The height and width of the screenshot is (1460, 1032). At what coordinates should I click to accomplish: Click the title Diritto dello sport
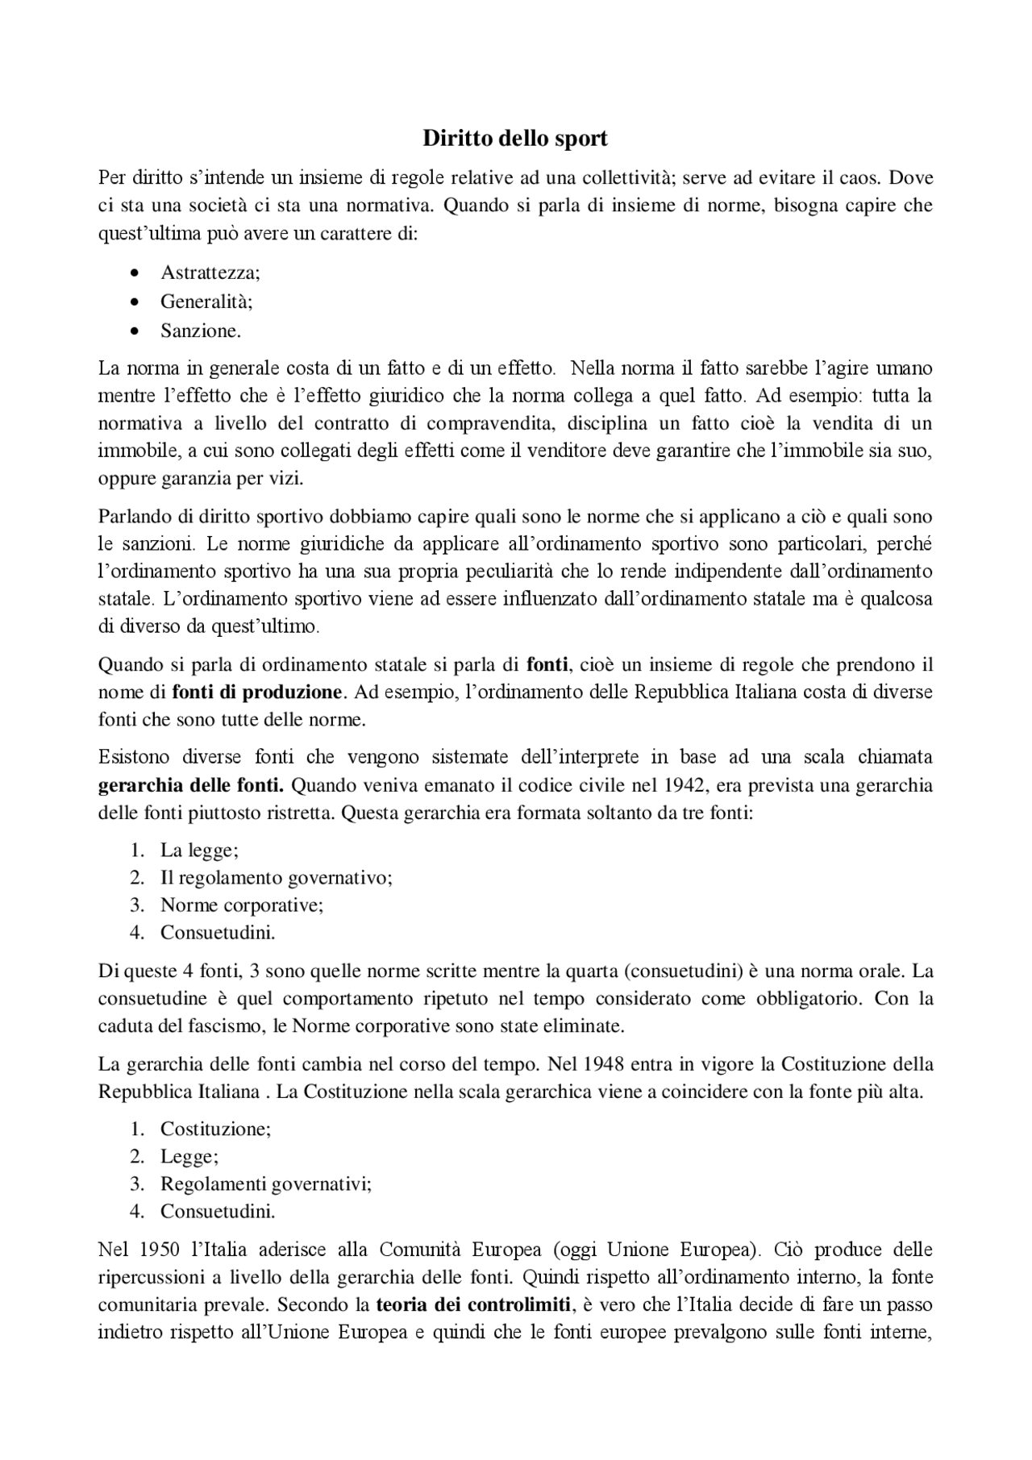click(x=515, y=139)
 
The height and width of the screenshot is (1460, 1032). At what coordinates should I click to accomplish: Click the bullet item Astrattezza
click(x=210, y=272)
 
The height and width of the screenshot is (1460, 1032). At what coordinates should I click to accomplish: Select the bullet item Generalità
click(x=206, y=302)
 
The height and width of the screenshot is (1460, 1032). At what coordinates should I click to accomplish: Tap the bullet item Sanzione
click(x=201, y=331)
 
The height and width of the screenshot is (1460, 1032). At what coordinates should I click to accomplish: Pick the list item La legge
click(x=199, y=850)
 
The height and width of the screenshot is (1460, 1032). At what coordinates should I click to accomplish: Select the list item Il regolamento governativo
click(x=277, y=877)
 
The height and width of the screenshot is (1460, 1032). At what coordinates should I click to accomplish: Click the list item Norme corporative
click(x=242, y=905)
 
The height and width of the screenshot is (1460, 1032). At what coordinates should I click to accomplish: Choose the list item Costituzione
click(x=215, y=1129)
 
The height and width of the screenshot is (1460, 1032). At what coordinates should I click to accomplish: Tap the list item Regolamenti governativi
click(x=266, y=1183)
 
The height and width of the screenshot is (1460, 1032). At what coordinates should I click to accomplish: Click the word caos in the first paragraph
click(x=855, y=177)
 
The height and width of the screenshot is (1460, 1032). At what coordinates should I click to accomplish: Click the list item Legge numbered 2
click(x=189, y=1156)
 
